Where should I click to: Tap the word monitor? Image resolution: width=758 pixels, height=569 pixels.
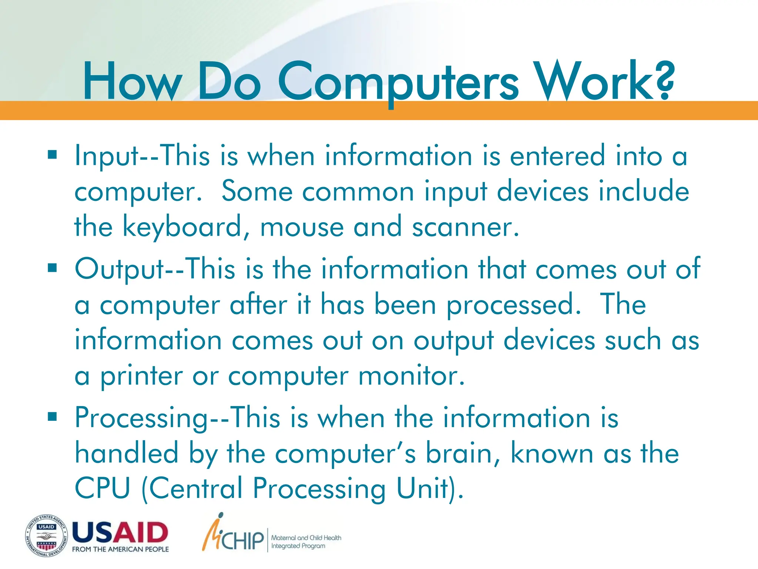coord(411,376)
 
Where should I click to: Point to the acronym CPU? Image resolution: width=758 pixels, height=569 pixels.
coord(103,488)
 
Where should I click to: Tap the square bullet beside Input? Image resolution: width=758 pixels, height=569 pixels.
coord(52,154)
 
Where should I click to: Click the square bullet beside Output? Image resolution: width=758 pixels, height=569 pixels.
coord(52,267)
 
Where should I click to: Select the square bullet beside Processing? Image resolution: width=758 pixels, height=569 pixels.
coord(52,417)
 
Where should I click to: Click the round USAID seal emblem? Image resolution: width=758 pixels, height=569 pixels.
coord(47,536)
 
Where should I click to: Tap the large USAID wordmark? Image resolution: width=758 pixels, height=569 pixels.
coord(120,532)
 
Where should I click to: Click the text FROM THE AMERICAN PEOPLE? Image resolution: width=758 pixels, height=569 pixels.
coord(120,549)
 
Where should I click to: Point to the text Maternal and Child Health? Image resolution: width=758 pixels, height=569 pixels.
coord(306,538)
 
